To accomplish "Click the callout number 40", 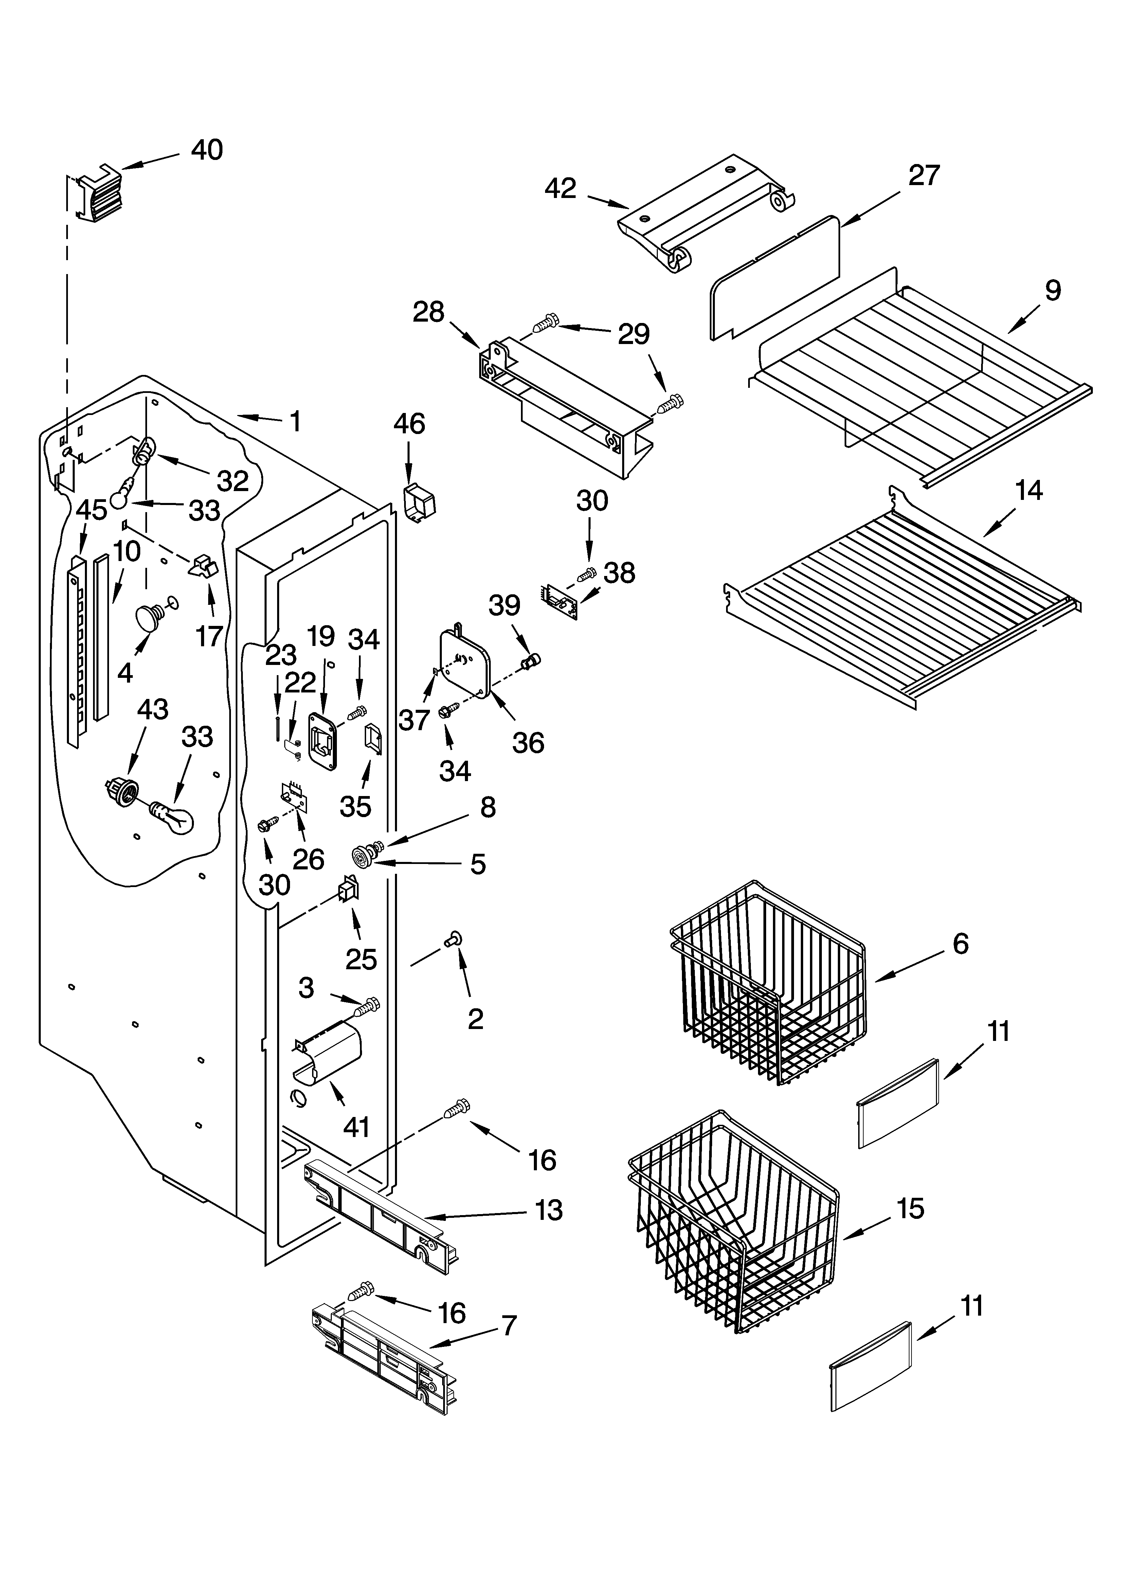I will click(206, 150).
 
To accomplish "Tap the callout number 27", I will click(924, 176).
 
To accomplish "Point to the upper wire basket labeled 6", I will click(769, 983).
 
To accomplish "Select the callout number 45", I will click(91, 510).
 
